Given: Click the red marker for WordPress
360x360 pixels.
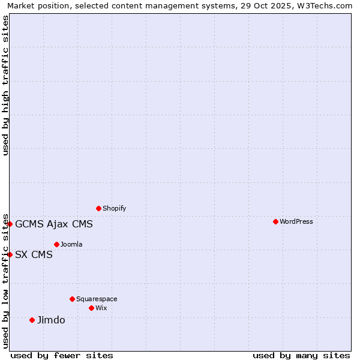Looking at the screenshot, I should point(275,221).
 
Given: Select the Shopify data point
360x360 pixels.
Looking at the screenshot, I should point(98,208).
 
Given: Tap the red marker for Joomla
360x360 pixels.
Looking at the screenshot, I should point(56,244).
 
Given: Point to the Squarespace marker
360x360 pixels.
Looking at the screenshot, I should point(72,299).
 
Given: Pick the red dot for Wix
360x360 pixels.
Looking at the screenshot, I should point(91,308).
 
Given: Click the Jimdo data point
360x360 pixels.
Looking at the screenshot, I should point(32,320).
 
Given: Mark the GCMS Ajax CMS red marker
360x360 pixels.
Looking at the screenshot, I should point(10,224).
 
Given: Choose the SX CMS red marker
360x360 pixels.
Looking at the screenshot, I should point(10,254).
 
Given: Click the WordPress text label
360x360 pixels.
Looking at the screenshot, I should point(296,221).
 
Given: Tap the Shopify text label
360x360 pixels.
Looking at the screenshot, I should point(114,208).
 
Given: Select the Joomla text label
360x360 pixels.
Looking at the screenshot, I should point(71,244).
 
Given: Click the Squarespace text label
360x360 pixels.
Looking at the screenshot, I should point(97,299).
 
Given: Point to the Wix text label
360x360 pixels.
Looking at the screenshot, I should point(101,308).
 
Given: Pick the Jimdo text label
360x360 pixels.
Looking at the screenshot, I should point(51,320).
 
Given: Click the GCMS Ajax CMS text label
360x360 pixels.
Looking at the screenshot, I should point(54,224).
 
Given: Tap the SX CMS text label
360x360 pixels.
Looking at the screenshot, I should point(34,254).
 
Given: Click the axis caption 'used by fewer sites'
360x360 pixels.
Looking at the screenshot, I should point(62,355).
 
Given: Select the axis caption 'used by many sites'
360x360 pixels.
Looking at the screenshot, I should point(301,355).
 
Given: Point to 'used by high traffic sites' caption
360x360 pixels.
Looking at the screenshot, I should point(6,85).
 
